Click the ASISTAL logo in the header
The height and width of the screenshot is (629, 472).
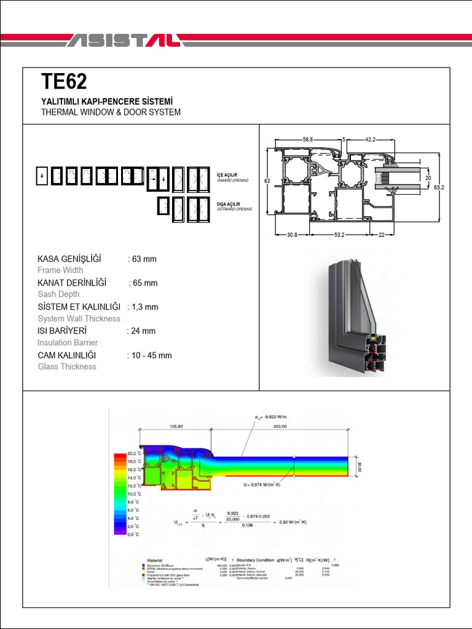[123, 41]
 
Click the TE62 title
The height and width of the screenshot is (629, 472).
[64, 82]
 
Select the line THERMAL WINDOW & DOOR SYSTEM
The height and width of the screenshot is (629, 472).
[111, 112]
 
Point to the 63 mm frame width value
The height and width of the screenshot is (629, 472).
[142, 259]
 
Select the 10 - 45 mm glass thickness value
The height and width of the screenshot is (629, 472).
[149, 356]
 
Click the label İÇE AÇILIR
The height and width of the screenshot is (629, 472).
[227, 175]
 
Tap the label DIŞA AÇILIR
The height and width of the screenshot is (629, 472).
[229, 204]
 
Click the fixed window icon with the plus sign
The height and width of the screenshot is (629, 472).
[42, 176]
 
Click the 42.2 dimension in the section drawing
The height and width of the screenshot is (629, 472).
[371, 139]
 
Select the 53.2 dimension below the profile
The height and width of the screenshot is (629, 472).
[339, 235]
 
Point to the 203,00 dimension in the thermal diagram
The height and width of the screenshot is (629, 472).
[280, 426]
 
